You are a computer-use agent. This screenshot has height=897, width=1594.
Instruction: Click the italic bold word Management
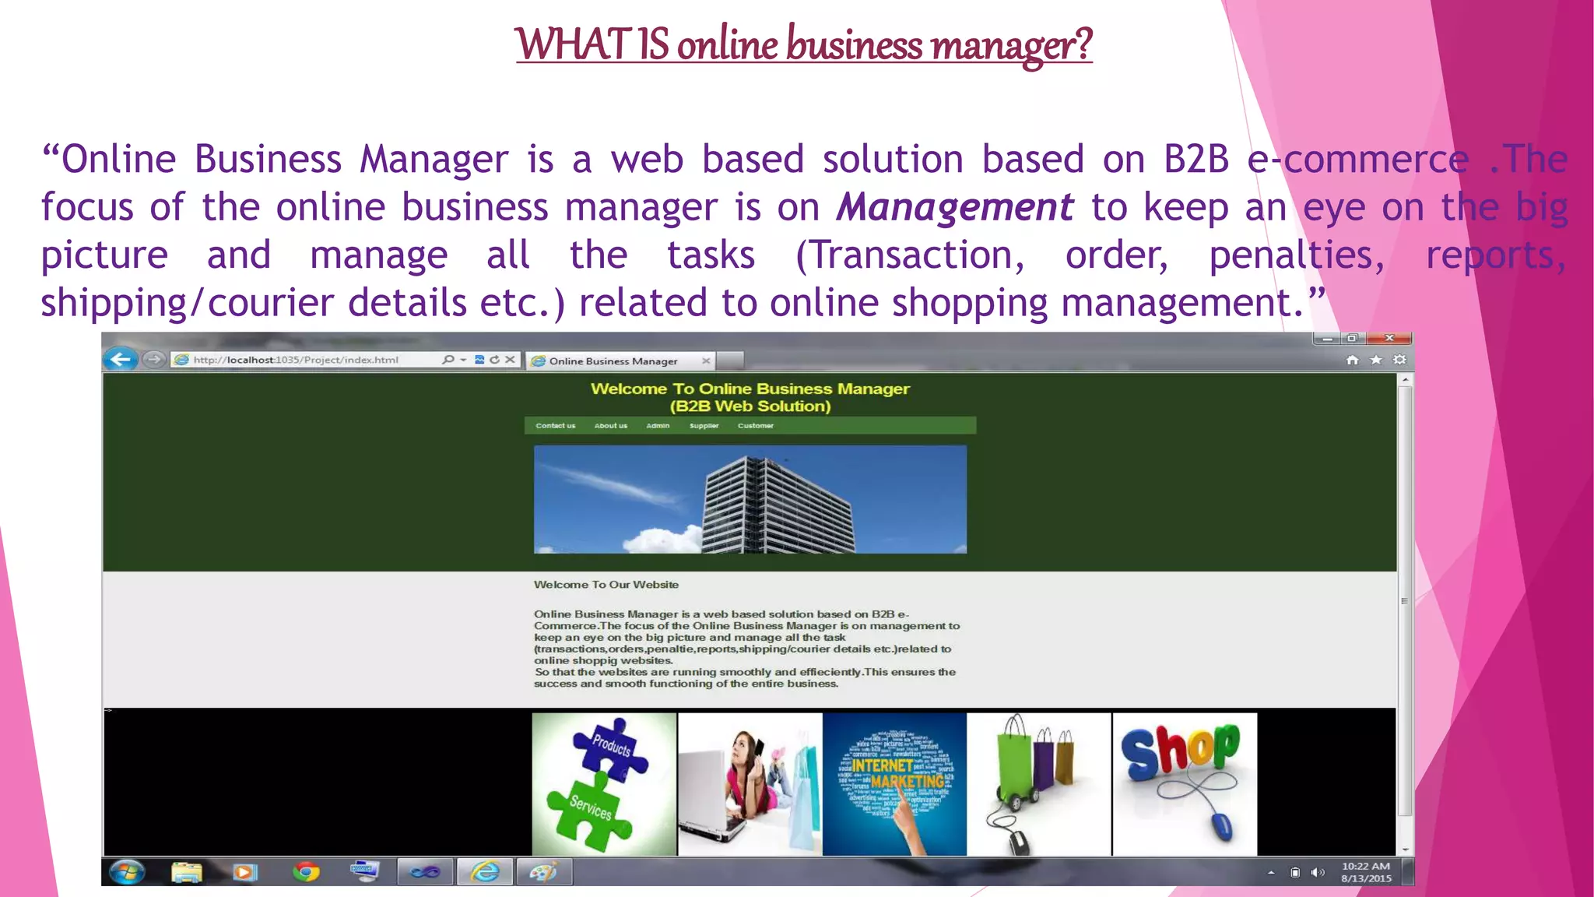click(x=954, y=208)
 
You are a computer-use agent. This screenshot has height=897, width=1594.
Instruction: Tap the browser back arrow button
click(x=121, y=359)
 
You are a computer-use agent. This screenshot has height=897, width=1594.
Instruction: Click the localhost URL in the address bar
click(x=296, y=360)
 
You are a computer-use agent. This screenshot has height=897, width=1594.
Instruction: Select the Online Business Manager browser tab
click(x=613, y=361)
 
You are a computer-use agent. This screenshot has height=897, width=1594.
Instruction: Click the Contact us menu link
click(x=555, y=426)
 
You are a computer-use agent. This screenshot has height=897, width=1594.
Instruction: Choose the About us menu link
click(x=610, y=426)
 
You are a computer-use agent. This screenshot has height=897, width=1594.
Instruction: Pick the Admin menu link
click(x=658, y=426)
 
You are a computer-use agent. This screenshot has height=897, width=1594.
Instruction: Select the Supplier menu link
click(x=704, y=426)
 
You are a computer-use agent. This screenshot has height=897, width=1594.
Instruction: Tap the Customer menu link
click(x=755, y=426)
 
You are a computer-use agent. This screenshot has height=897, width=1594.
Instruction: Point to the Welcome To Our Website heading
click(x=606, y=585)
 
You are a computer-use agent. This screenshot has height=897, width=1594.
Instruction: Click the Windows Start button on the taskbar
click(x=127, y=872)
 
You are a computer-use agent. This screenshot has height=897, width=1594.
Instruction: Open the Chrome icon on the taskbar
click(x=306, y=872)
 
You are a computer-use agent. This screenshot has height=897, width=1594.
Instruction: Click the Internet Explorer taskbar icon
click(x=484, y=872)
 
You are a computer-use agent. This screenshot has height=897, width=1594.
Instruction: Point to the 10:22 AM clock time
click(x=1365, y=866)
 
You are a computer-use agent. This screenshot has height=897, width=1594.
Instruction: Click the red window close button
click(x=1389, y=338)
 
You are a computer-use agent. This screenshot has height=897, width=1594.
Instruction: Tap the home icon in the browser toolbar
click(x=1352, y=360)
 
